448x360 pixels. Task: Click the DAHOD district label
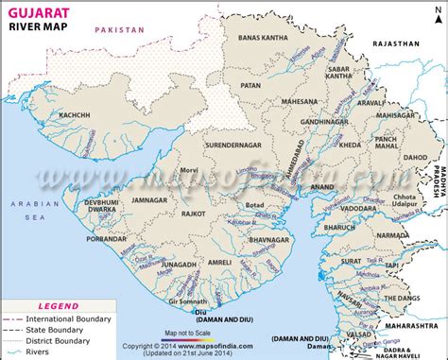point(414,158)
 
